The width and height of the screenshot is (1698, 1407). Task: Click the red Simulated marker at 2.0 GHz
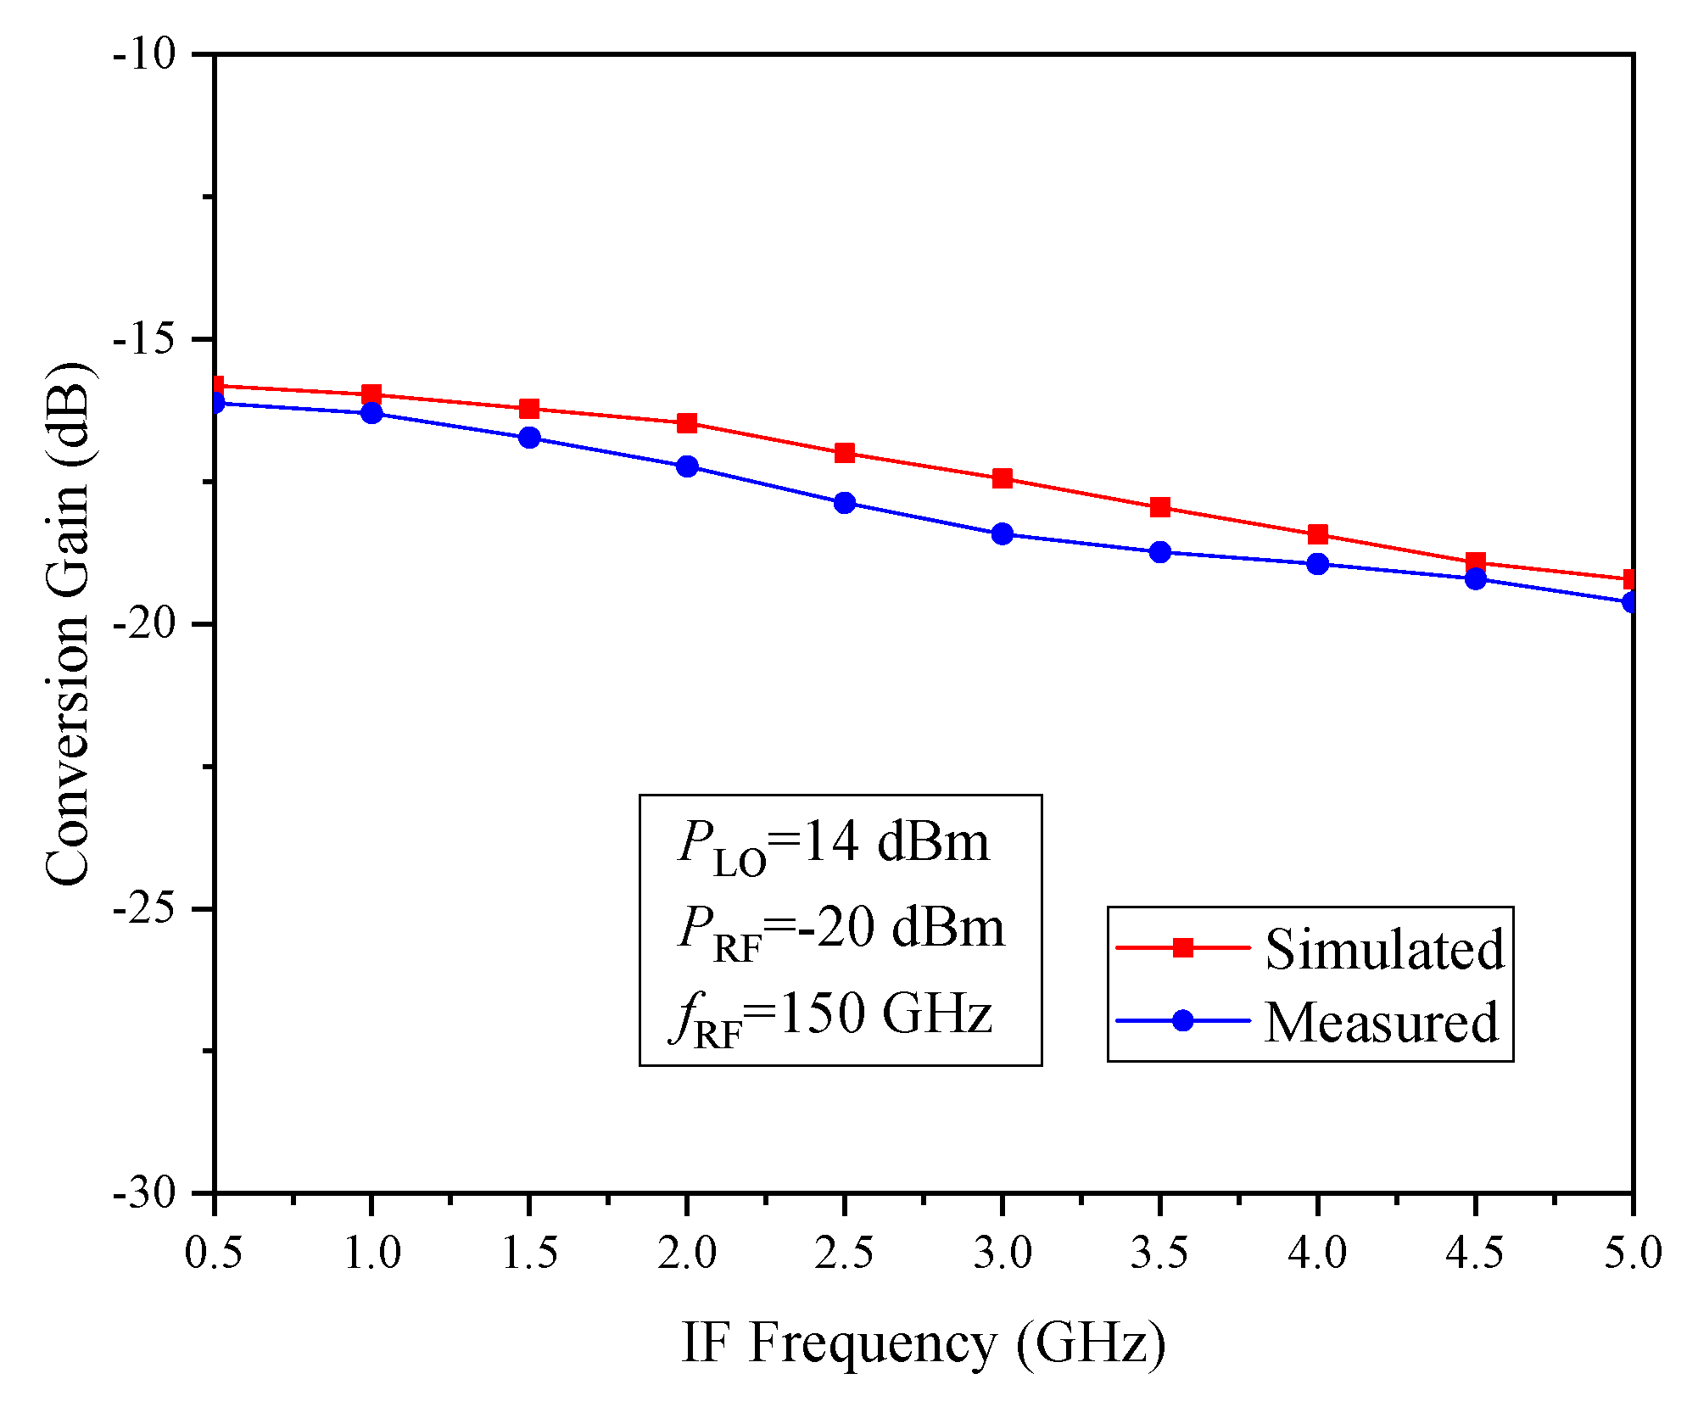click(687, 423)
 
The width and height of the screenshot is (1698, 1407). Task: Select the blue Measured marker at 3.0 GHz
click(1003, 534)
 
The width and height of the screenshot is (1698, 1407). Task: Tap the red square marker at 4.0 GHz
click(1318, 534)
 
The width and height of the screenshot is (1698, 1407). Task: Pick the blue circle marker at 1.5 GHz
click(529, 438)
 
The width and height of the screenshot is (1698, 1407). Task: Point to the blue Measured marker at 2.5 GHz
click(845, 503)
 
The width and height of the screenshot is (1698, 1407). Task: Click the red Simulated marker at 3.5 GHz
click(1160, 507)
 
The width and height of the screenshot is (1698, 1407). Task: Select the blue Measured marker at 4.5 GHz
click(1476, 579)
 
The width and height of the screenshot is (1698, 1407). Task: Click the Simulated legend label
click(1384, 949)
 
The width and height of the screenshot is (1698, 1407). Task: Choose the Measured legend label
click(1382, 1022)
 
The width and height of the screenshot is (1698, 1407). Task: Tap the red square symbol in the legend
click(1182, 947)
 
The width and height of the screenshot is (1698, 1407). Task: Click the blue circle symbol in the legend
click(1182, 1020)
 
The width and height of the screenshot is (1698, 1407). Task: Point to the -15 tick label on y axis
click(144, 339)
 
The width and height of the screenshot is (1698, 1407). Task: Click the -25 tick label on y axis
click(144, 909)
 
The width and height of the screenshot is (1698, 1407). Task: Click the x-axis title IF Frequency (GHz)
click(924, 1343)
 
